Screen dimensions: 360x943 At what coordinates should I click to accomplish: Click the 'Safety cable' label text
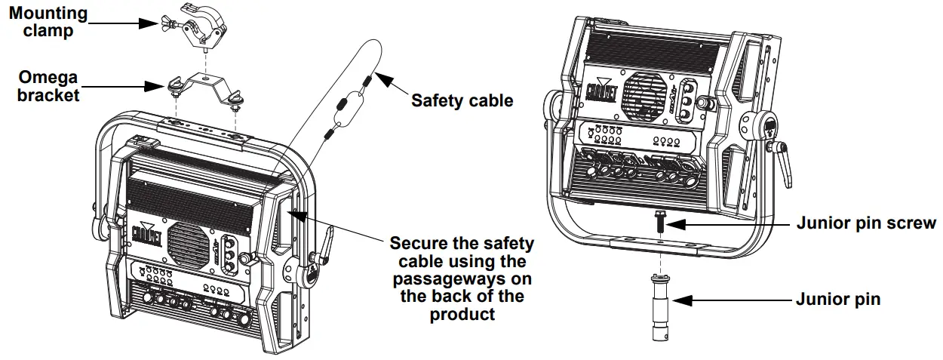(x=462, y=100)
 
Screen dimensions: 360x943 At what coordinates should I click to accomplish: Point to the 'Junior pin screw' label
(x=866, y=223)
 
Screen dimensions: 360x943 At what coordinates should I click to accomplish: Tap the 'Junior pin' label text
(x=837, y=300)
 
